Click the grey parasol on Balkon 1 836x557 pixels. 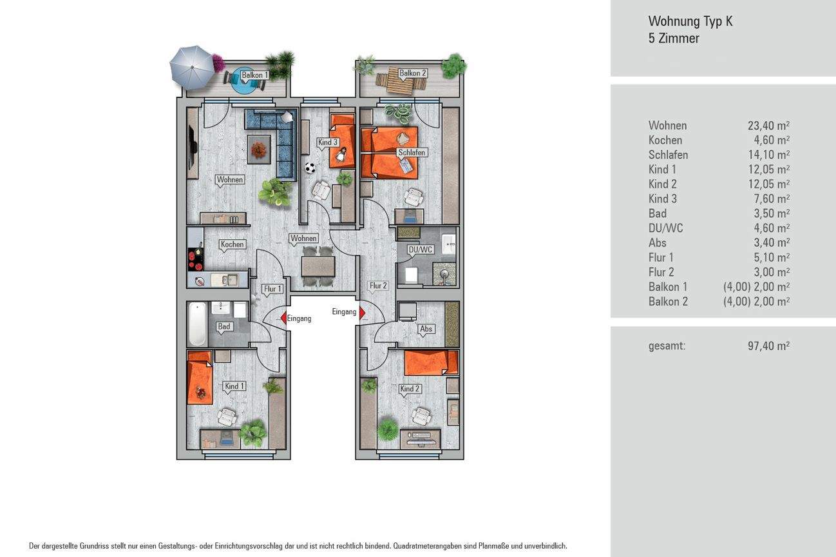click(x=191, y=67)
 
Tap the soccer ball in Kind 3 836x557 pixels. click(x=310, y=168)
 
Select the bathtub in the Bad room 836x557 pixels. click(x=197, y=324)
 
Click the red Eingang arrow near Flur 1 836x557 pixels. click(x=283, y=317)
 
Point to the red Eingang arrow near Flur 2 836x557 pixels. click(x=362, y=313)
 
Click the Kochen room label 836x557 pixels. click(x=232, y=244)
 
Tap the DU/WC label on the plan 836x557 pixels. click(x=420, y=249)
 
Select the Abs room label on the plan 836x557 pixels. click(x=426, y=329)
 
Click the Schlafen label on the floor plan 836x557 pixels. click(x=412, y=153)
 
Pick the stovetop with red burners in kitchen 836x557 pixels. click(x=194, y=257)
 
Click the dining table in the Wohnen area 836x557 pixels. click(x=318, y=266)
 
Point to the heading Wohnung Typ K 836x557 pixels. click(x=690, y=21)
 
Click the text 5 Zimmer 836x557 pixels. click(x=673, y=38)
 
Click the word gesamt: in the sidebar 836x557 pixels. click(x=667, y=346)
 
